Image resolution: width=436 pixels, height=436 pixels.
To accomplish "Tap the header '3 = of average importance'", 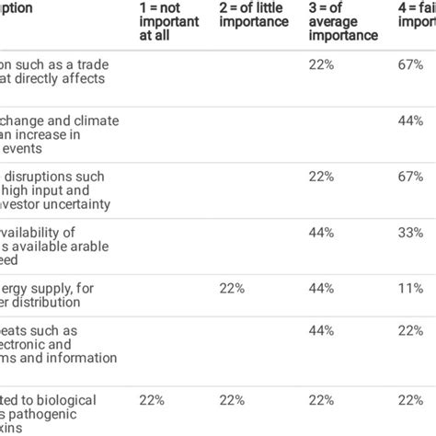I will (343, 21).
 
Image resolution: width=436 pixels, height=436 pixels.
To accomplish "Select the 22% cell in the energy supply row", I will (232, 288).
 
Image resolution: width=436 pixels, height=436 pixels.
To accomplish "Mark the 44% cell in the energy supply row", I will (320, 288).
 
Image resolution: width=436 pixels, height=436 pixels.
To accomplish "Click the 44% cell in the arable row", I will (320, 234).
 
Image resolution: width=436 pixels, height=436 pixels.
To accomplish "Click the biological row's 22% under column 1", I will (149, 399).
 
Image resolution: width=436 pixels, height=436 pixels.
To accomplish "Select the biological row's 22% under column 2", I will (232, 399).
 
